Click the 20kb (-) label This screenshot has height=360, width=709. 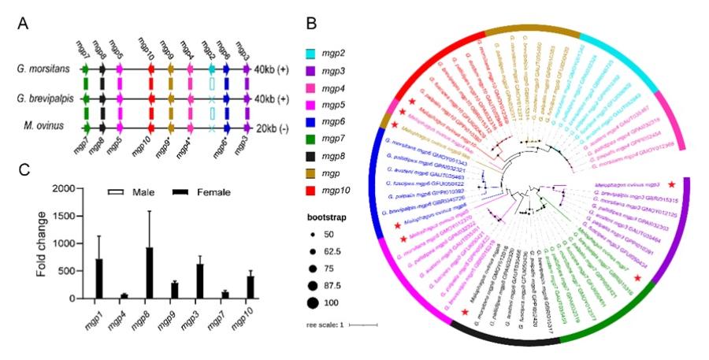pos(280,127)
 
